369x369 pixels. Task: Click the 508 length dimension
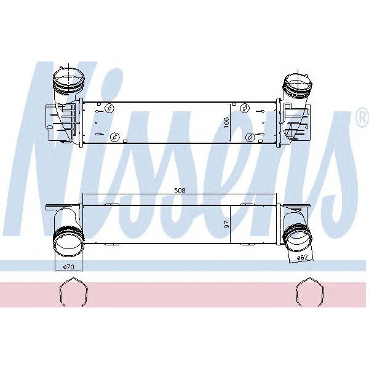coord(180,191)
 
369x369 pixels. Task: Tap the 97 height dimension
coord(226,225)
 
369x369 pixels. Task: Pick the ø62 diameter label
coord(302,258)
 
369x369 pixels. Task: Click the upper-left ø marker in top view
coord(109,109)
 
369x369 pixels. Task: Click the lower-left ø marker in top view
coord(113,137)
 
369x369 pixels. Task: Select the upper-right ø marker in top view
coord(245,109)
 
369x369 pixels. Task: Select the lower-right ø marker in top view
coord(250,137)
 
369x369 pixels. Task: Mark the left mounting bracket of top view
coord(57,122)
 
